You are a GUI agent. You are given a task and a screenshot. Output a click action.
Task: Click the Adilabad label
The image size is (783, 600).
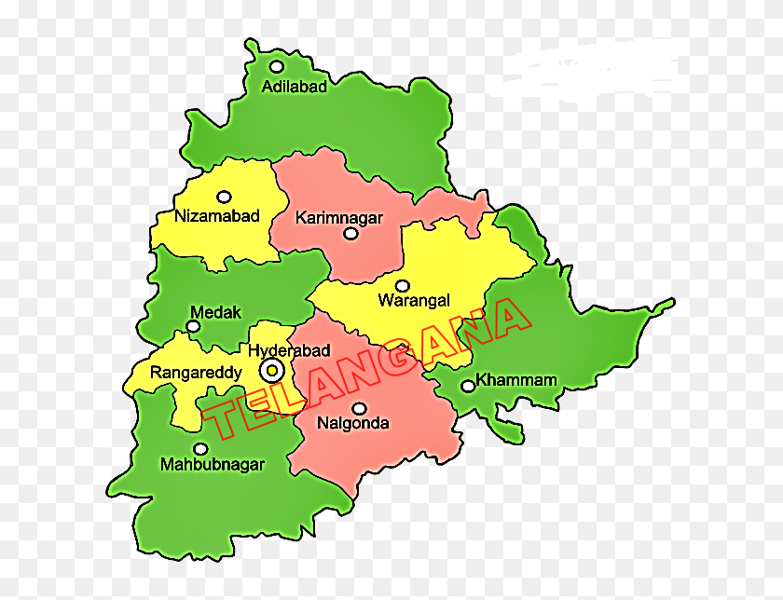[x=295, y=87]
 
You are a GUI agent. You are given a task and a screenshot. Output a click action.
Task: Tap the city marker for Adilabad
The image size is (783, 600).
[x=277, y=66]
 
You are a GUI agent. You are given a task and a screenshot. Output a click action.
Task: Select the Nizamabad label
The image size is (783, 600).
[x=217, y=216]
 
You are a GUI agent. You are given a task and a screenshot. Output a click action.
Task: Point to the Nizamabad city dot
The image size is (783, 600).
[x=224, y=197]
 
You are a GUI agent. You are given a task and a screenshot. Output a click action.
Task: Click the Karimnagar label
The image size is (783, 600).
[x=339, y=218]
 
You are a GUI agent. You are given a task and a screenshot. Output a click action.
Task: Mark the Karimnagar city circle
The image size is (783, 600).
[x=350, y=234]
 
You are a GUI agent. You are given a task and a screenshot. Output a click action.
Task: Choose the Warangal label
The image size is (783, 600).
[x=414, y=300]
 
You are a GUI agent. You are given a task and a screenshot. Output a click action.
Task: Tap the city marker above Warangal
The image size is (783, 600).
[x=403, y=285]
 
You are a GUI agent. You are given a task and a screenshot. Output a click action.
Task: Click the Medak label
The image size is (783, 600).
[x=215, y=311]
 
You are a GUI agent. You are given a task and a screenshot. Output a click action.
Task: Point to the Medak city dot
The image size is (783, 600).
[x=193, y=327]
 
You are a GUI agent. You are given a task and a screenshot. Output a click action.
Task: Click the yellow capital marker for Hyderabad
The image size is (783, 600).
[x=272, y=371]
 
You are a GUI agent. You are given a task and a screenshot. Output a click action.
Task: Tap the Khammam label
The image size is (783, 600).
[x=516, y=380]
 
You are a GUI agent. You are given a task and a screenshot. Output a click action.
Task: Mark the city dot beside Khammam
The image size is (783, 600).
[x=467, y=386]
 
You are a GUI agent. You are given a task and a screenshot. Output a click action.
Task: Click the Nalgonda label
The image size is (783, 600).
[x=353, y=423]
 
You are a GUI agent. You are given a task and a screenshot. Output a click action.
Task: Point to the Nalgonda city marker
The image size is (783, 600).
[x=359, y=408]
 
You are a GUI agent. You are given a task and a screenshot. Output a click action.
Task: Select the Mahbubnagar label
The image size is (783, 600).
[x=213, y=464]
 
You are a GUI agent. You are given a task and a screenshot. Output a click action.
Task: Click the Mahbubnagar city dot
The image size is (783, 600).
[x=200, y=448]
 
